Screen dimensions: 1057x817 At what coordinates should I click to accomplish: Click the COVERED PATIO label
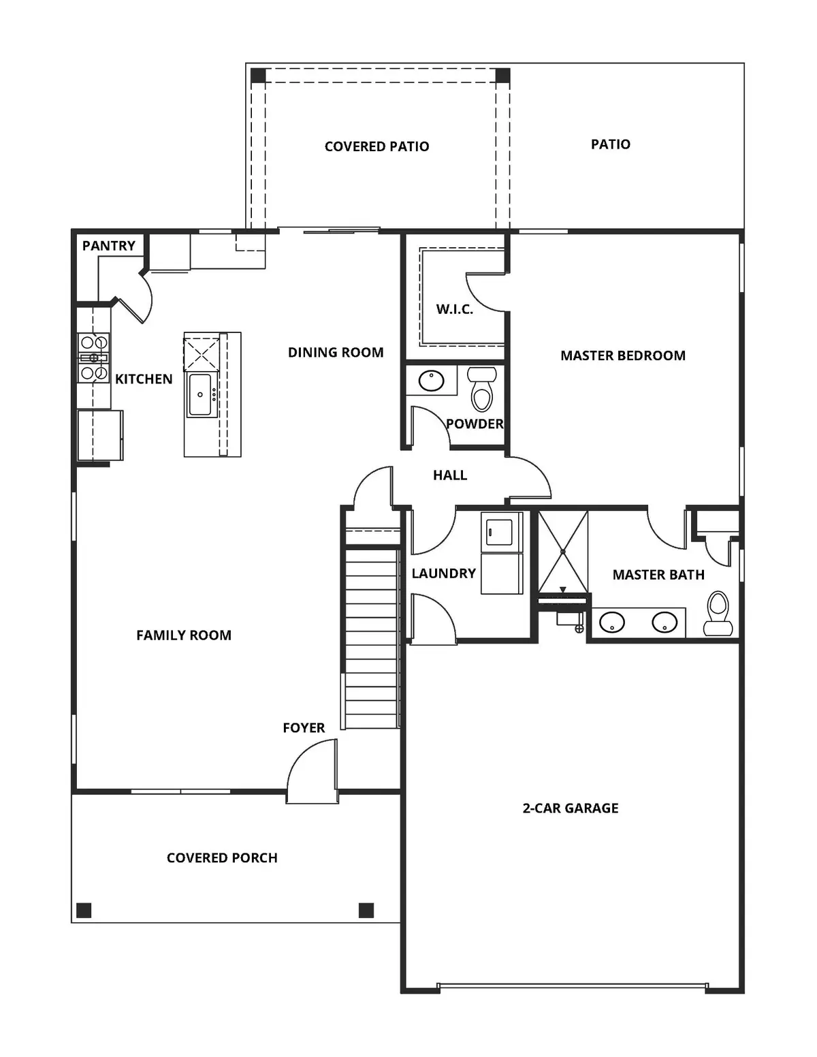pyautogui.click(x=377, y=146)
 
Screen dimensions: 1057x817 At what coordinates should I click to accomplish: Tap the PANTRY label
pyautogui.click(x=109, y=246)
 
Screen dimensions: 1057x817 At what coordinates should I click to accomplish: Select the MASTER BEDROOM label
pyautogui.click(x=622, y=356)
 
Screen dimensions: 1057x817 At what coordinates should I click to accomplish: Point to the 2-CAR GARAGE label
pyautogui.click(x=571, y=808)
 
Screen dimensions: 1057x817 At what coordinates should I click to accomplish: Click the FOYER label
pyautogui.click(x=304, y=728)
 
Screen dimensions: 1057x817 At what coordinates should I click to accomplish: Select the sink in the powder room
pyautogui.click(x=431, y=380)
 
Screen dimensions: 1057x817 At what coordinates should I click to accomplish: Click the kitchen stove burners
pyautogui.click(x=93, y=358)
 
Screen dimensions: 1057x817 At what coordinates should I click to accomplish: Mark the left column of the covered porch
pyautogui.click(x=84, y=910)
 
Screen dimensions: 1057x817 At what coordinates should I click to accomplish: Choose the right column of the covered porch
pyautogui.click(x=366, y=910)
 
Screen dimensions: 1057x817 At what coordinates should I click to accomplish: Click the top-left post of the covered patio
pyautogui.click(x=258, y=75)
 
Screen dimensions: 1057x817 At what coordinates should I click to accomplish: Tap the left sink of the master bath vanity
pyautogui.click(x=612, y=622)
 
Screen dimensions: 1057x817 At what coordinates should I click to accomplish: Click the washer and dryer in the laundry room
pyautogui.click(x=502, y=553)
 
